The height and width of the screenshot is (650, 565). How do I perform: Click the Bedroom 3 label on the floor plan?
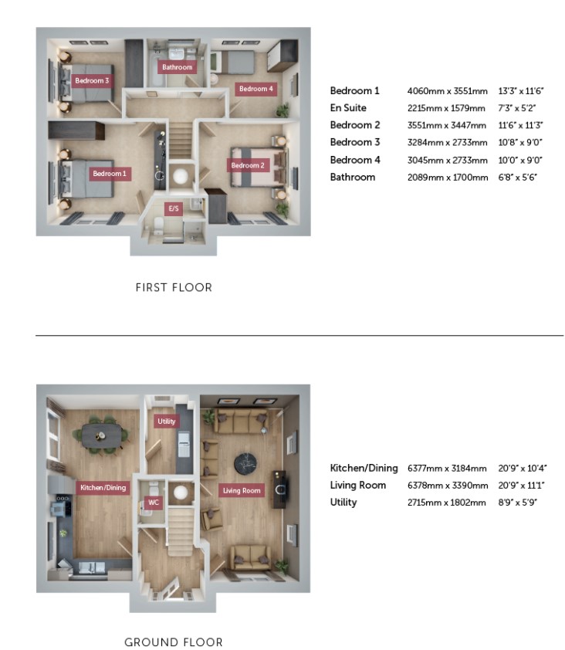[x=92, y=80]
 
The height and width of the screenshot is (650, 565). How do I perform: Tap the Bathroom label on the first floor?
[x=177, y=66]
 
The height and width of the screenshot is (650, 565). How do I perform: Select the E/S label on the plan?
[x=174, y=208]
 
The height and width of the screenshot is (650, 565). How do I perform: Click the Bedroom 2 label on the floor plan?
[x=248, y=165]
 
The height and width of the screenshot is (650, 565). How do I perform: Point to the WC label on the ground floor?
[x=154, y=503]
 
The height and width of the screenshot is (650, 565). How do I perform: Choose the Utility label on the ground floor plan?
[x=166, y=421]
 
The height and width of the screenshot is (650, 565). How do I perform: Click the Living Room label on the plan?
[x=242, y=490]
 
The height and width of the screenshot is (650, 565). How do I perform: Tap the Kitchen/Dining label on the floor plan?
[x=103, y=488]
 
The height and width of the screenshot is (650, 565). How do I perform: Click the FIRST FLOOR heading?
[x=174, y=287]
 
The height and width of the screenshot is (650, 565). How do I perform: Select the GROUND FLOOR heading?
[x=173, y=642]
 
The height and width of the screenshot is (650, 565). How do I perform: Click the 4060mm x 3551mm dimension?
[x=447, y=91]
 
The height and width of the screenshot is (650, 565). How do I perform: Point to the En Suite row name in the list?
[x=348, y=108]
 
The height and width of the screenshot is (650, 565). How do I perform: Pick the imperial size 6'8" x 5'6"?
[x=518, y=177]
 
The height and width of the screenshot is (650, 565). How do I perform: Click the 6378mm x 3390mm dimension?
[x=448, y=485]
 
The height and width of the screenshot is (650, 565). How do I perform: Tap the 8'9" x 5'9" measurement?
[x=518, y=503]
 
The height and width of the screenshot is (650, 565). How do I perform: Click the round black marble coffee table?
[x=245, y=463]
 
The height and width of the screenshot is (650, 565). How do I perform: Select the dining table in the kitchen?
[x=102, y=436]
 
